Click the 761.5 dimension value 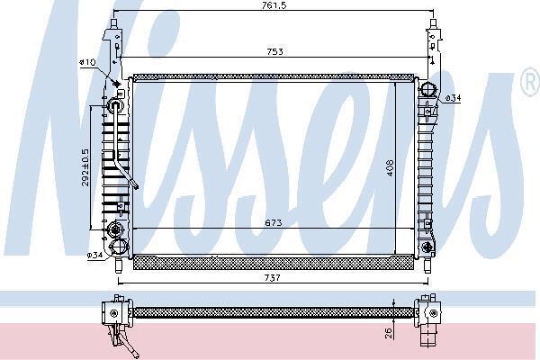coord(274,5)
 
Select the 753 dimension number coord(274,51)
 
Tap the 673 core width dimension coord(274,223)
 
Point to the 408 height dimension coord(390,167)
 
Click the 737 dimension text coord(273,277)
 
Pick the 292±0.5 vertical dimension coord(85,167)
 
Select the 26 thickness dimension coord(389,333)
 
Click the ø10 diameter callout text coord(87,62)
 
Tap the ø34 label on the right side coord(453,98)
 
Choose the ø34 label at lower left coord(94,256)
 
